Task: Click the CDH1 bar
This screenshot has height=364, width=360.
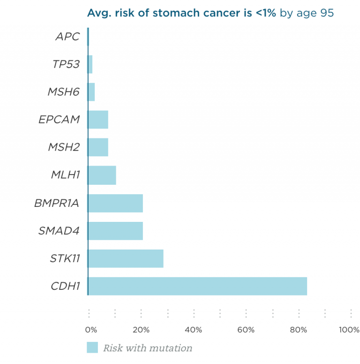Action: pos(197,286)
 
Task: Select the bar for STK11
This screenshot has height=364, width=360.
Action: pos(126,258)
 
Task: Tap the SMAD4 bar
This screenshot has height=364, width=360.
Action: pos(115,231)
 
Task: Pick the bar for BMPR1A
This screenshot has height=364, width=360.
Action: pos(115,203)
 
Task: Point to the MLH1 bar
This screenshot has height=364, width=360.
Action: pos(102,175)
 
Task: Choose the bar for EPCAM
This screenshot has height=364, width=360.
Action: pos(98,120)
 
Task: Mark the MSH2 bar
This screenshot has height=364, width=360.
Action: pos(98,147)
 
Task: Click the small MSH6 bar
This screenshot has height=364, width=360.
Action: pos(91,92)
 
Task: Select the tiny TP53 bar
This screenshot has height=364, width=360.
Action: pos(90,64)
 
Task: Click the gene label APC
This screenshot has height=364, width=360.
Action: pos(68,37)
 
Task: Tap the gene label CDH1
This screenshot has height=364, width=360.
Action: pos(65,286)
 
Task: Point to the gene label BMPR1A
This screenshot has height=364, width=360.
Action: pos(57,203)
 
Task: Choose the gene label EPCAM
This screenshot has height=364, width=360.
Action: pos(59,120)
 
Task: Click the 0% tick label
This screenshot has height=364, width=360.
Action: pos(91,330)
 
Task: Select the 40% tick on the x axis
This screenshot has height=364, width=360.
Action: pos(194,330)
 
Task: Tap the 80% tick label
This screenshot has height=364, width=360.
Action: pos(298,330)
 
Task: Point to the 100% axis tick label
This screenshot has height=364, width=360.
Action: pos(349,330)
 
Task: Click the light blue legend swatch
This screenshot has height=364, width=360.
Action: pos(92,348)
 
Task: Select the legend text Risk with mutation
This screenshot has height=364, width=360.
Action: pos(148,348)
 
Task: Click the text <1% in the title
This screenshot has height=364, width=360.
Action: pos(266,13)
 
